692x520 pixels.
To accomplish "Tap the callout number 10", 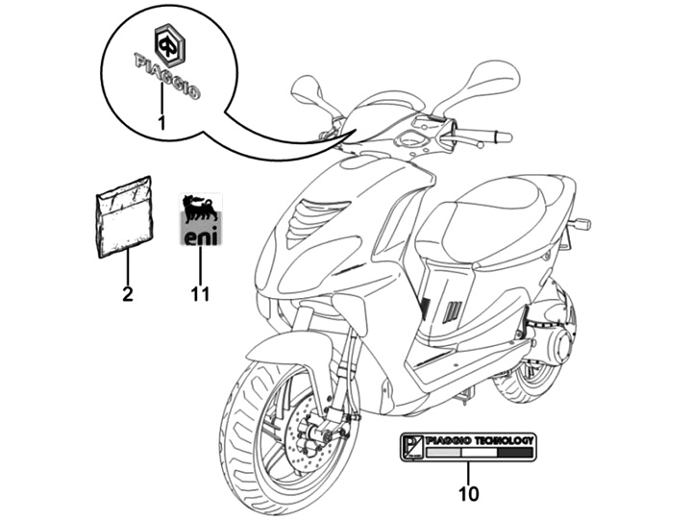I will coord(469,494).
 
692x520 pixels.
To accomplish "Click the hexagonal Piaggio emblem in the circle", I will coord(170,43).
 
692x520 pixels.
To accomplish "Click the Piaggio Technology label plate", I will coord(468,447).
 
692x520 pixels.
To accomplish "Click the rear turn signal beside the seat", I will coord(580,224).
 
